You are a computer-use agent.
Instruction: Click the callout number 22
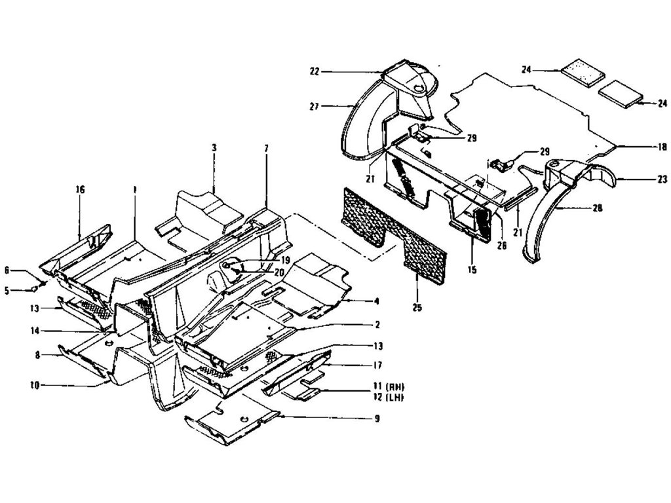(x=314, y=71)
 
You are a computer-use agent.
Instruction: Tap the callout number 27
(x=314, y=105)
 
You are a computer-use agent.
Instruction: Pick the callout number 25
(x=418, y=306)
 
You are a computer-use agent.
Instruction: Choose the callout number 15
(x=472, y=269)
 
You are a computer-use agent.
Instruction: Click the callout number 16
(x=81, y=190)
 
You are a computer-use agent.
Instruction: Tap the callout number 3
(x=214, y=148)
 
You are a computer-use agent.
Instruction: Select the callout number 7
(x=266, y=149)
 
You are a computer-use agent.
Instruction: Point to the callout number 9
(x=376, y=419)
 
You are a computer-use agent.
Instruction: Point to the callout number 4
(x=377, y=301)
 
